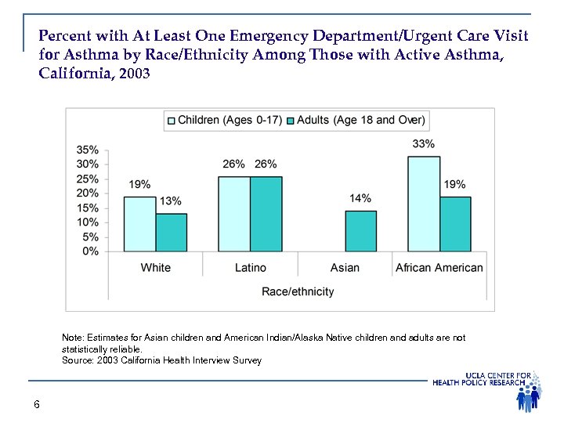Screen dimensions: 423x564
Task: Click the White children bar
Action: (139, 224)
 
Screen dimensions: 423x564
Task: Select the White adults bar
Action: (172, 233)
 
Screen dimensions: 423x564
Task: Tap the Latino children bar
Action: (233, 214)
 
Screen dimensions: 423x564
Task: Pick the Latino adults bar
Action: (266, 214)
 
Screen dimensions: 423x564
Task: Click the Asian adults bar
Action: (360, 231)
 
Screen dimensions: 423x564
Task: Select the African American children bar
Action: (424, 204)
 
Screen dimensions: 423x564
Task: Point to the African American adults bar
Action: (455, 224)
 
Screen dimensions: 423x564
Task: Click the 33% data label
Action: (424, 144)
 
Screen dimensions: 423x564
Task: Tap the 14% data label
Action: (360, 198)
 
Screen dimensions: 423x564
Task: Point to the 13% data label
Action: (171, 201)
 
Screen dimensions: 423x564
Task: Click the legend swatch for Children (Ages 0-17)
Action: (171, 120)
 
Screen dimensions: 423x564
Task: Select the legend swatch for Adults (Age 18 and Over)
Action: (290, 120)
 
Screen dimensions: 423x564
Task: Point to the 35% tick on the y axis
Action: (87, 150)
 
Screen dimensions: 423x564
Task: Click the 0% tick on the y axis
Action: (90, 251)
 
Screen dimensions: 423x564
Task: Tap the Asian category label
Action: (345, 268)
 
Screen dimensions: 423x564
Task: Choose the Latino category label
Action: (250, 268)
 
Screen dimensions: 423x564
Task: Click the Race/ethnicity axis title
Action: (298, 291)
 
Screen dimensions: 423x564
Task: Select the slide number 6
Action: (37, 404)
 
